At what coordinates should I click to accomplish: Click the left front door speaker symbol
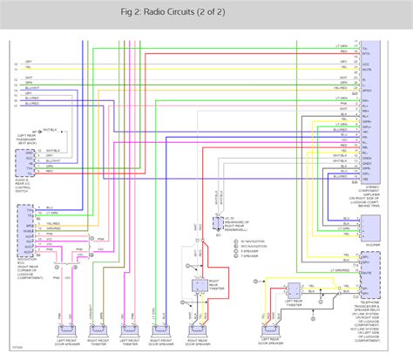[x=68, y=329]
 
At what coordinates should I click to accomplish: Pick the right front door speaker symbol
[x=160, y=329]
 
